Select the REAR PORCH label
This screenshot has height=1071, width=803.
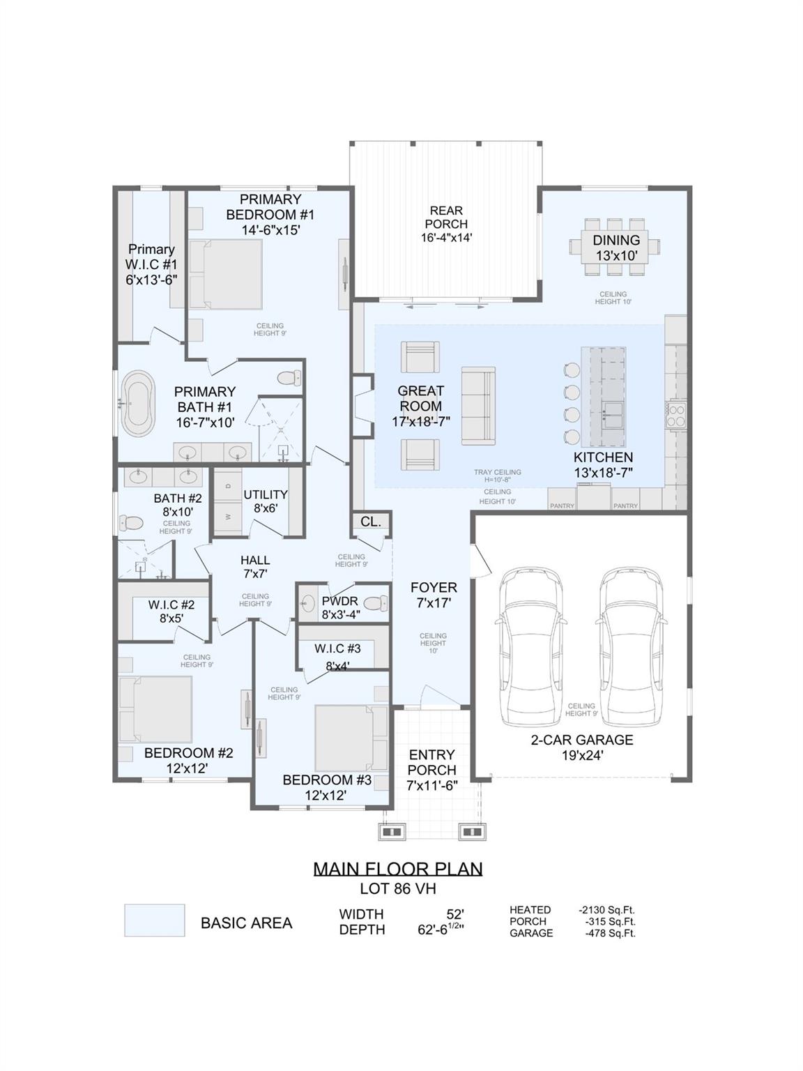tap(446, 224)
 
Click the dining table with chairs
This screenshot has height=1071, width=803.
tap(614, 247)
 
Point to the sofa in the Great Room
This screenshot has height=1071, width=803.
tap(477, 405)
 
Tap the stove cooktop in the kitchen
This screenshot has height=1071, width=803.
tap(677, 415)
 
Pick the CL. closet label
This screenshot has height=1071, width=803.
tap(371, 522)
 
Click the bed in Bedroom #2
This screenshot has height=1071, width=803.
tap(155, 709)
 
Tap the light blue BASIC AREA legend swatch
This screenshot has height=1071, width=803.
tap(154, 920)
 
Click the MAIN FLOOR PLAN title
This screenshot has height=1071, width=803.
tap(397, 869)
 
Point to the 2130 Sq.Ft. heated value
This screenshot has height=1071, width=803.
tap(606, 910)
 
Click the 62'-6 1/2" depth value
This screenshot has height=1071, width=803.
tap(436, 929)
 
